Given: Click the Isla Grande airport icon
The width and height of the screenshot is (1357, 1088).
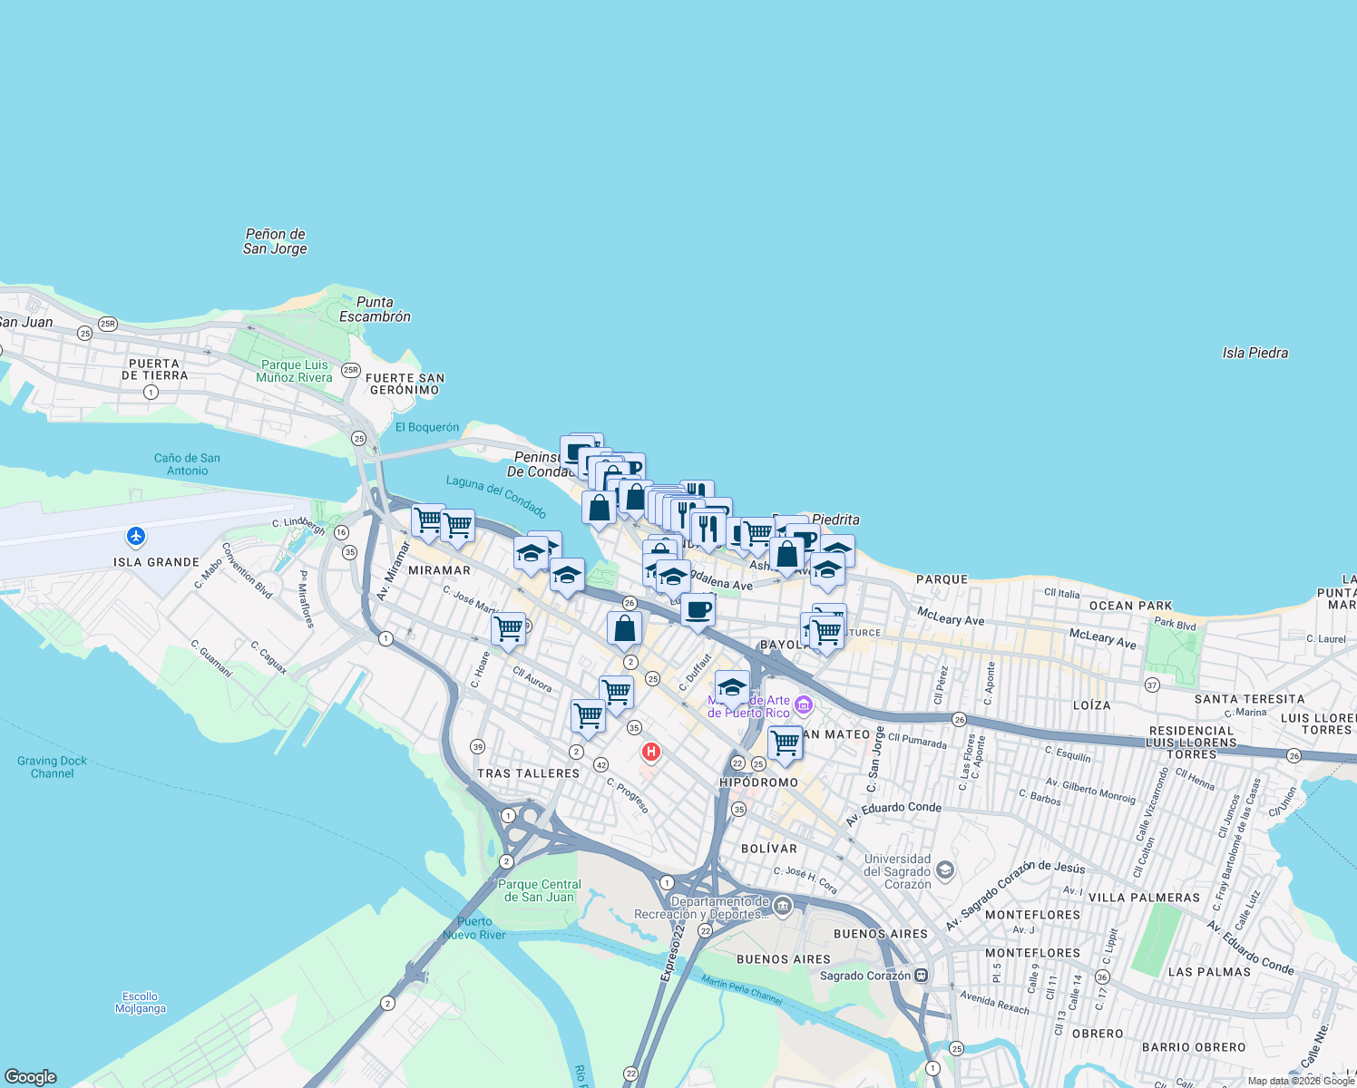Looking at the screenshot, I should click(136, 536).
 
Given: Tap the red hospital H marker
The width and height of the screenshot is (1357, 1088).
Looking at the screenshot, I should click(650, 752).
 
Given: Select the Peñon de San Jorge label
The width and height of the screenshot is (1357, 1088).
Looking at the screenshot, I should click(275, 241).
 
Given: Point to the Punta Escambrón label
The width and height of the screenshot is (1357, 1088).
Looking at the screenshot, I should click(375, 309).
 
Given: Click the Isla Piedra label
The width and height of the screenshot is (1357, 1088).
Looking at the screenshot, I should click(1254, 353).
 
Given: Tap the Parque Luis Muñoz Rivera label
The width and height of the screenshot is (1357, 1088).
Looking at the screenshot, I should click(294, 371).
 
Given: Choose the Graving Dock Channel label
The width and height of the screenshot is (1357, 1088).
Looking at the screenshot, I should click(52, 767).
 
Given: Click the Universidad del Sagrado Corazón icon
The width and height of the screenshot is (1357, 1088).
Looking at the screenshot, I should click(945, 871).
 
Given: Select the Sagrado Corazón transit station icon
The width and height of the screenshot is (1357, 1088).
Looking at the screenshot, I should click(922, 976).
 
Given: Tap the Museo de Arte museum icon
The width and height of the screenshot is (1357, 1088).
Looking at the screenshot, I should click(803, 705).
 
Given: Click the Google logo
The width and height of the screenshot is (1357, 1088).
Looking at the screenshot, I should click(31, 1077).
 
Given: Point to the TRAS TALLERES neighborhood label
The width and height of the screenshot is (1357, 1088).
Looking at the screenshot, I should click(528, 773).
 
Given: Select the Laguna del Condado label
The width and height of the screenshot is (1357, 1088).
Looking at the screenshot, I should click(496, 496).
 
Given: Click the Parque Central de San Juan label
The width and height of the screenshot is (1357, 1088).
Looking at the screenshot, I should click(540, 890).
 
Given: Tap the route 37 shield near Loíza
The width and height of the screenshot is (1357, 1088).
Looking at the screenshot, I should click(1152, 685).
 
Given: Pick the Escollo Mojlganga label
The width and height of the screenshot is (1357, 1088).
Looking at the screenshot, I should click(141, 1002).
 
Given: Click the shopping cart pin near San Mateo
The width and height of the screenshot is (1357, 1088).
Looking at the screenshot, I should click(785, 743).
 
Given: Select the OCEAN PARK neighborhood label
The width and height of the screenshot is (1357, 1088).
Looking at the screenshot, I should click(1130, 606).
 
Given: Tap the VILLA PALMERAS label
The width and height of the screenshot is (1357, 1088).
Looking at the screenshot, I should click(1143, 898).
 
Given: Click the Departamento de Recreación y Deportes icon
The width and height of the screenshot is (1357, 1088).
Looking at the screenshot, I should click(783, 907).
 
